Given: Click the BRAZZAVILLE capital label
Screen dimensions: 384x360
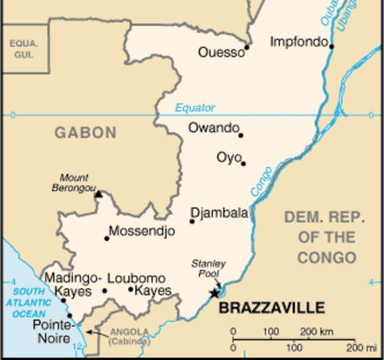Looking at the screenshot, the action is pyautogui.click(x=271, y=308).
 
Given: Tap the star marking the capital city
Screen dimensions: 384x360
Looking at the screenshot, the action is pyautogui.click(x=214, y=293).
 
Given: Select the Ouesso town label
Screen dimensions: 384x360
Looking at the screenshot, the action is pyautogui.click(x=221, y=53).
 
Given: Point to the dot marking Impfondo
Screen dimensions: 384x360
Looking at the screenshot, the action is pyautogui.click(x=331, y=46).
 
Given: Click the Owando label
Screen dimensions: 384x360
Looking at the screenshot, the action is pyautogui.click(x=214, y=127).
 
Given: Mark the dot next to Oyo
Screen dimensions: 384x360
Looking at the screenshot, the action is pyautogui.click(x=243, y=163).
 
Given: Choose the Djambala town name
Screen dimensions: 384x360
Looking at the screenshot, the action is pyautogui.click(x=219, y=213).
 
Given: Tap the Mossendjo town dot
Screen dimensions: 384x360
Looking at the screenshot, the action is pyautogui.click(x=107, y=238).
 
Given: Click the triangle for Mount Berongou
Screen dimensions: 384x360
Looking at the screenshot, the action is pyautogui.click(x=99, y=194).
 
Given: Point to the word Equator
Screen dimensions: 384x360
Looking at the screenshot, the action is pyautogui.click(x=195, y=108).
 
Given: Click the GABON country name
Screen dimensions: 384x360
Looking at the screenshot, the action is pyautogui.click(x=86, y=133).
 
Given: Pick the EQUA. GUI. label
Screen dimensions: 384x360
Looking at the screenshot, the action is pyautogui.click(x=23, y=49).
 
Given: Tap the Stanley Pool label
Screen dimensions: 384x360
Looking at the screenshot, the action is pyautogui.click(x=208, y=268).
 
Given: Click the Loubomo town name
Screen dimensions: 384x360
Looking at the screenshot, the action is pyautogui.click(x=136, y=278).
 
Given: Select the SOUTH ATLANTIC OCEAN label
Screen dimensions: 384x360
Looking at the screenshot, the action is pyautogui.click(x=25, y=302).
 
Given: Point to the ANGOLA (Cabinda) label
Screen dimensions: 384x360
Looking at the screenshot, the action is pyautogui.click(x=128, y=336).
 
